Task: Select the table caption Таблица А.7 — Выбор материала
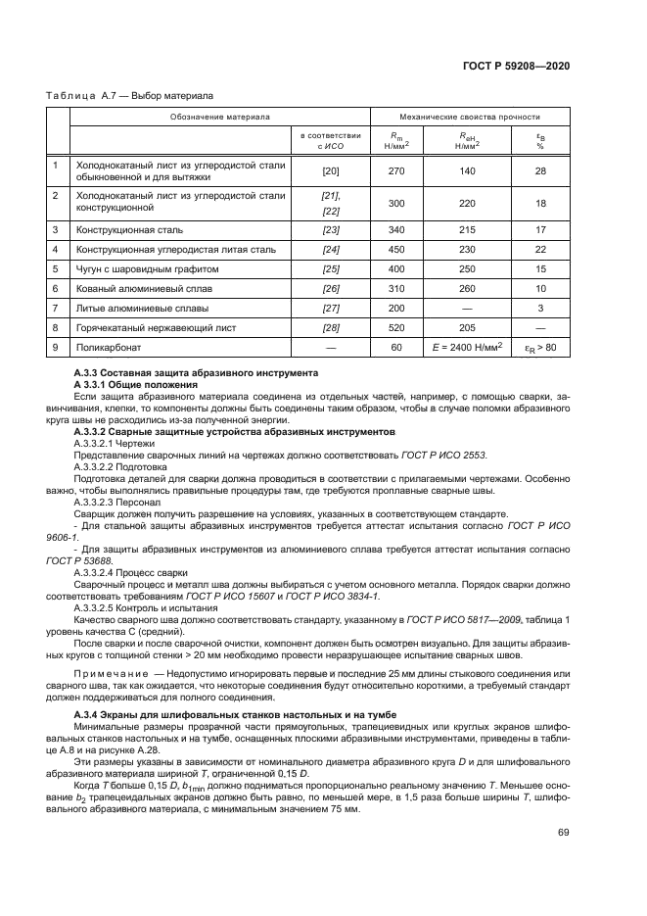(x=130, y=96)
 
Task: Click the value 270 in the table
(x=396, y=171)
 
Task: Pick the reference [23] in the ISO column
(x=330, y=229)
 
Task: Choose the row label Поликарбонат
(x=111, y=347)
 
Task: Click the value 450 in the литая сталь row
(x=396, y=249)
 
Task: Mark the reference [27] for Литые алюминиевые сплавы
(x=330, y=308)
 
